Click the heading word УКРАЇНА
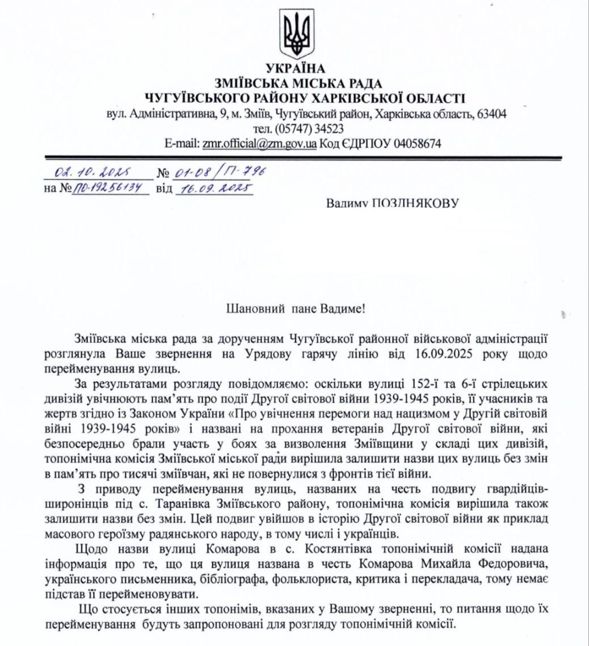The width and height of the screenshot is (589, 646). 294,69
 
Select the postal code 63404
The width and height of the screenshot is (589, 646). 493,114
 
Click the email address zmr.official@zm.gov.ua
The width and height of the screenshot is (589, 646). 259,144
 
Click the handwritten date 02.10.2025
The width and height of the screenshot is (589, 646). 91,171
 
